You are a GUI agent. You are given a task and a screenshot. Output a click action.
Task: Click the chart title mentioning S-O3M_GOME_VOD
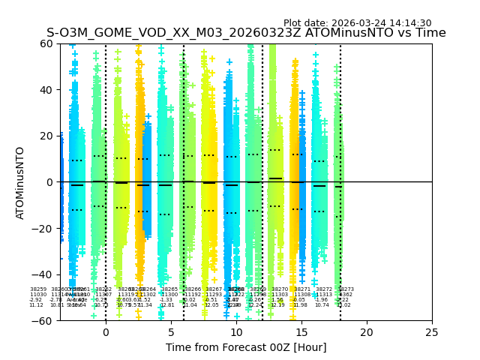click(246, 33)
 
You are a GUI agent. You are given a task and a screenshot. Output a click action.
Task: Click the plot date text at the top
click(357, 23)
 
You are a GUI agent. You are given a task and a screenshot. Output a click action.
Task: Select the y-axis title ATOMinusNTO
click(20, 182)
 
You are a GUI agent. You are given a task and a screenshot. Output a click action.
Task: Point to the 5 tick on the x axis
click(171, 332)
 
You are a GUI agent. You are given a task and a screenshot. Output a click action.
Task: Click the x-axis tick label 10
click(236, 332)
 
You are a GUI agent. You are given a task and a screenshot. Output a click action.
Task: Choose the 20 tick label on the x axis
click(367, 332)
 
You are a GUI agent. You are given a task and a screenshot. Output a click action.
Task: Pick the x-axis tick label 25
click(432, 332)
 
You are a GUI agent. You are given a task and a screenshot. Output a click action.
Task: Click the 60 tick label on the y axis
click(47, 43)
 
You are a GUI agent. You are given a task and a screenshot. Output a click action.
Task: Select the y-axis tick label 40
click(47, 90)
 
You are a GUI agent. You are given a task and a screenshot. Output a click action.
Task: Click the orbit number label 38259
click(38, 289)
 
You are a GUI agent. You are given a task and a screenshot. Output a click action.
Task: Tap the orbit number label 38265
click(169, 289)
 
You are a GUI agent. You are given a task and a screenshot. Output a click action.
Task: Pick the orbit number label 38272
click(324, 289)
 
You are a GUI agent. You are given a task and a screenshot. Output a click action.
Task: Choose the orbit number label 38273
click(346, 289)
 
